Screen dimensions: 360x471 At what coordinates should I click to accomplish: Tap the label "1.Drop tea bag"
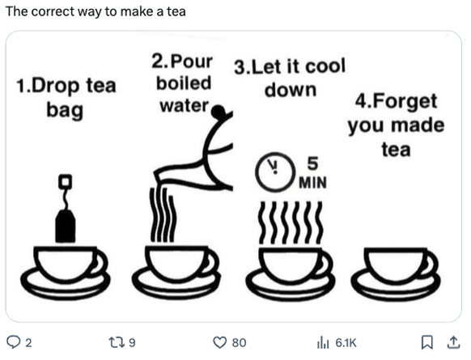(x=66, y=97)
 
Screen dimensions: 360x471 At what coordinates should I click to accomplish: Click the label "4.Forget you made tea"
(x=396, y=125)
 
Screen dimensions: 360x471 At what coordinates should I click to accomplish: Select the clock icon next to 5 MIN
(x=271, y=168)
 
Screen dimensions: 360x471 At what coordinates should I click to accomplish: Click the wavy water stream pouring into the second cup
(x=163, y=214)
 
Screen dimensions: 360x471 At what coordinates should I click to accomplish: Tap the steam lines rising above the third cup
(x=289, y=222)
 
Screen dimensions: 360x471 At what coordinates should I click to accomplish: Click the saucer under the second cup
(x=176, y=283)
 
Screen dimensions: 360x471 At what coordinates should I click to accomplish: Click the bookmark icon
(x=428, y=342)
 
